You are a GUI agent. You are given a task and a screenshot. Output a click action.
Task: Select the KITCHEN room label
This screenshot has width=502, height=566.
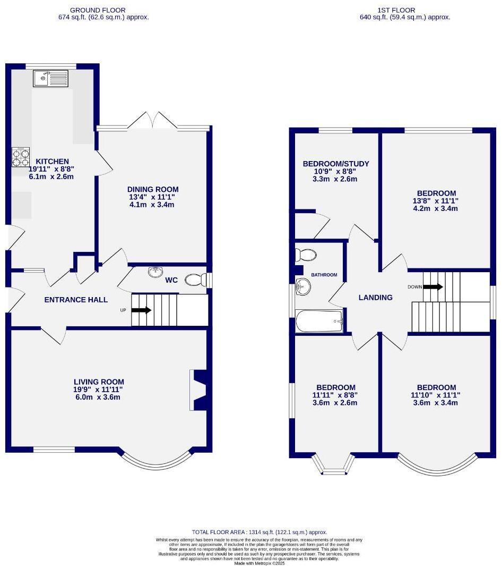point(52,162)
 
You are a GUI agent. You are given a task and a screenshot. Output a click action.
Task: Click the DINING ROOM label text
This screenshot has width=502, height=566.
point(153,189)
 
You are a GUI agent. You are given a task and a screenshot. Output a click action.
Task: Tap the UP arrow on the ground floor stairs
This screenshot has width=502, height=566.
point(142,310)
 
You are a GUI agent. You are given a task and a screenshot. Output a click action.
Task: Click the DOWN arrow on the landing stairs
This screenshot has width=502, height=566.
point(432,287)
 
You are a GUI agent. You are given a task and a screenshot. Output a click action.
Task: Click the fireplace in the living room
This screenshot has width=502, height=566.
point(198,390)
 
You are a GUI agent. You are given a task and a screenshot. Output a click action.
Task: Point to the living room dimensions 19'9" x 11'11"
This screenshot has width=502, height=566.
point(99,390)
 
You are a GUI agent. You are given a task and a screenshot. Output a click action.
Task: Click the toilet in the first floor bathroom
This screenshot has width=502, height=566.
point(306,256)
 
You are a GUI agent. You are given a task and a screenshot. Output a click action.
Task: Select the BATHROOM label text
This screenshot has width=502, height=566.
point(324,275)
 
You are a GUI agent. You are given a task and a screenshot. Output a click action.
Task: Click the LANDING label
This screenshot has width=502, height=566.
point(375,298)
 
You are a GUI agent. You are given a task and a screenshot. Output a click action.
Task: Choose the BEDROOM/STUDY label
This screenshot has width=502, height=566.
point(336,164)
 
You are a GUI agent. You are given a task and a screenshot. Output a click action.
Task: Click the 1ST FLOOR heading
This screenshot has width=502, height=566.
point(389,10)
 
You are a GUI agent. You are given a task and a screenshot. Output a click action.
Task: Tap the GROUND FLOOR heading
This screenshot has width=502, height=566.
point(98,10)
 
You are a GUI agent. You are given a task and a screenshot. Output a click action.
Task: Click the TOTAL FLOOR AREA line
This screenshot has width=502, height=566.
point(259,532)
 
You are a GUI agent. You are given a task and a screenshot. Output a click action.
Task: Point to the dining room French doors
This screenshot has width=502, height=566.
point(152,120)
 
